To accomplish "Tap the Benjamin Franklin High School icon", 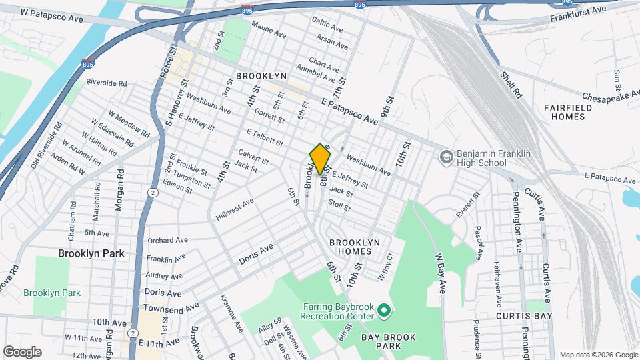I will pyautogui.click(x=446, y=157).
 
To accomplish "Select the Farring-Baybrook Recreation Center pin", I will pyautogui.click(x=383, y=311).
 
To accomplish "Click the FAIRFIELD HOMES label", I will pyautogui.click(x=563, y=112).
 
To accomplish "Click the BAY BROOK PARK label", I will pyautogui.click(x=391, y=341).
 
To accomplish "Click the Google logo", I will pyautogui.click(x=22, y=351).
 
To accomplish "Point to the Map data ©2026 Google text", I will pyautogui.click(x=597, y=355).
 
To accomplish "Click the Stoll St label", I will pyautogui.click(x=339, y=207).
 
